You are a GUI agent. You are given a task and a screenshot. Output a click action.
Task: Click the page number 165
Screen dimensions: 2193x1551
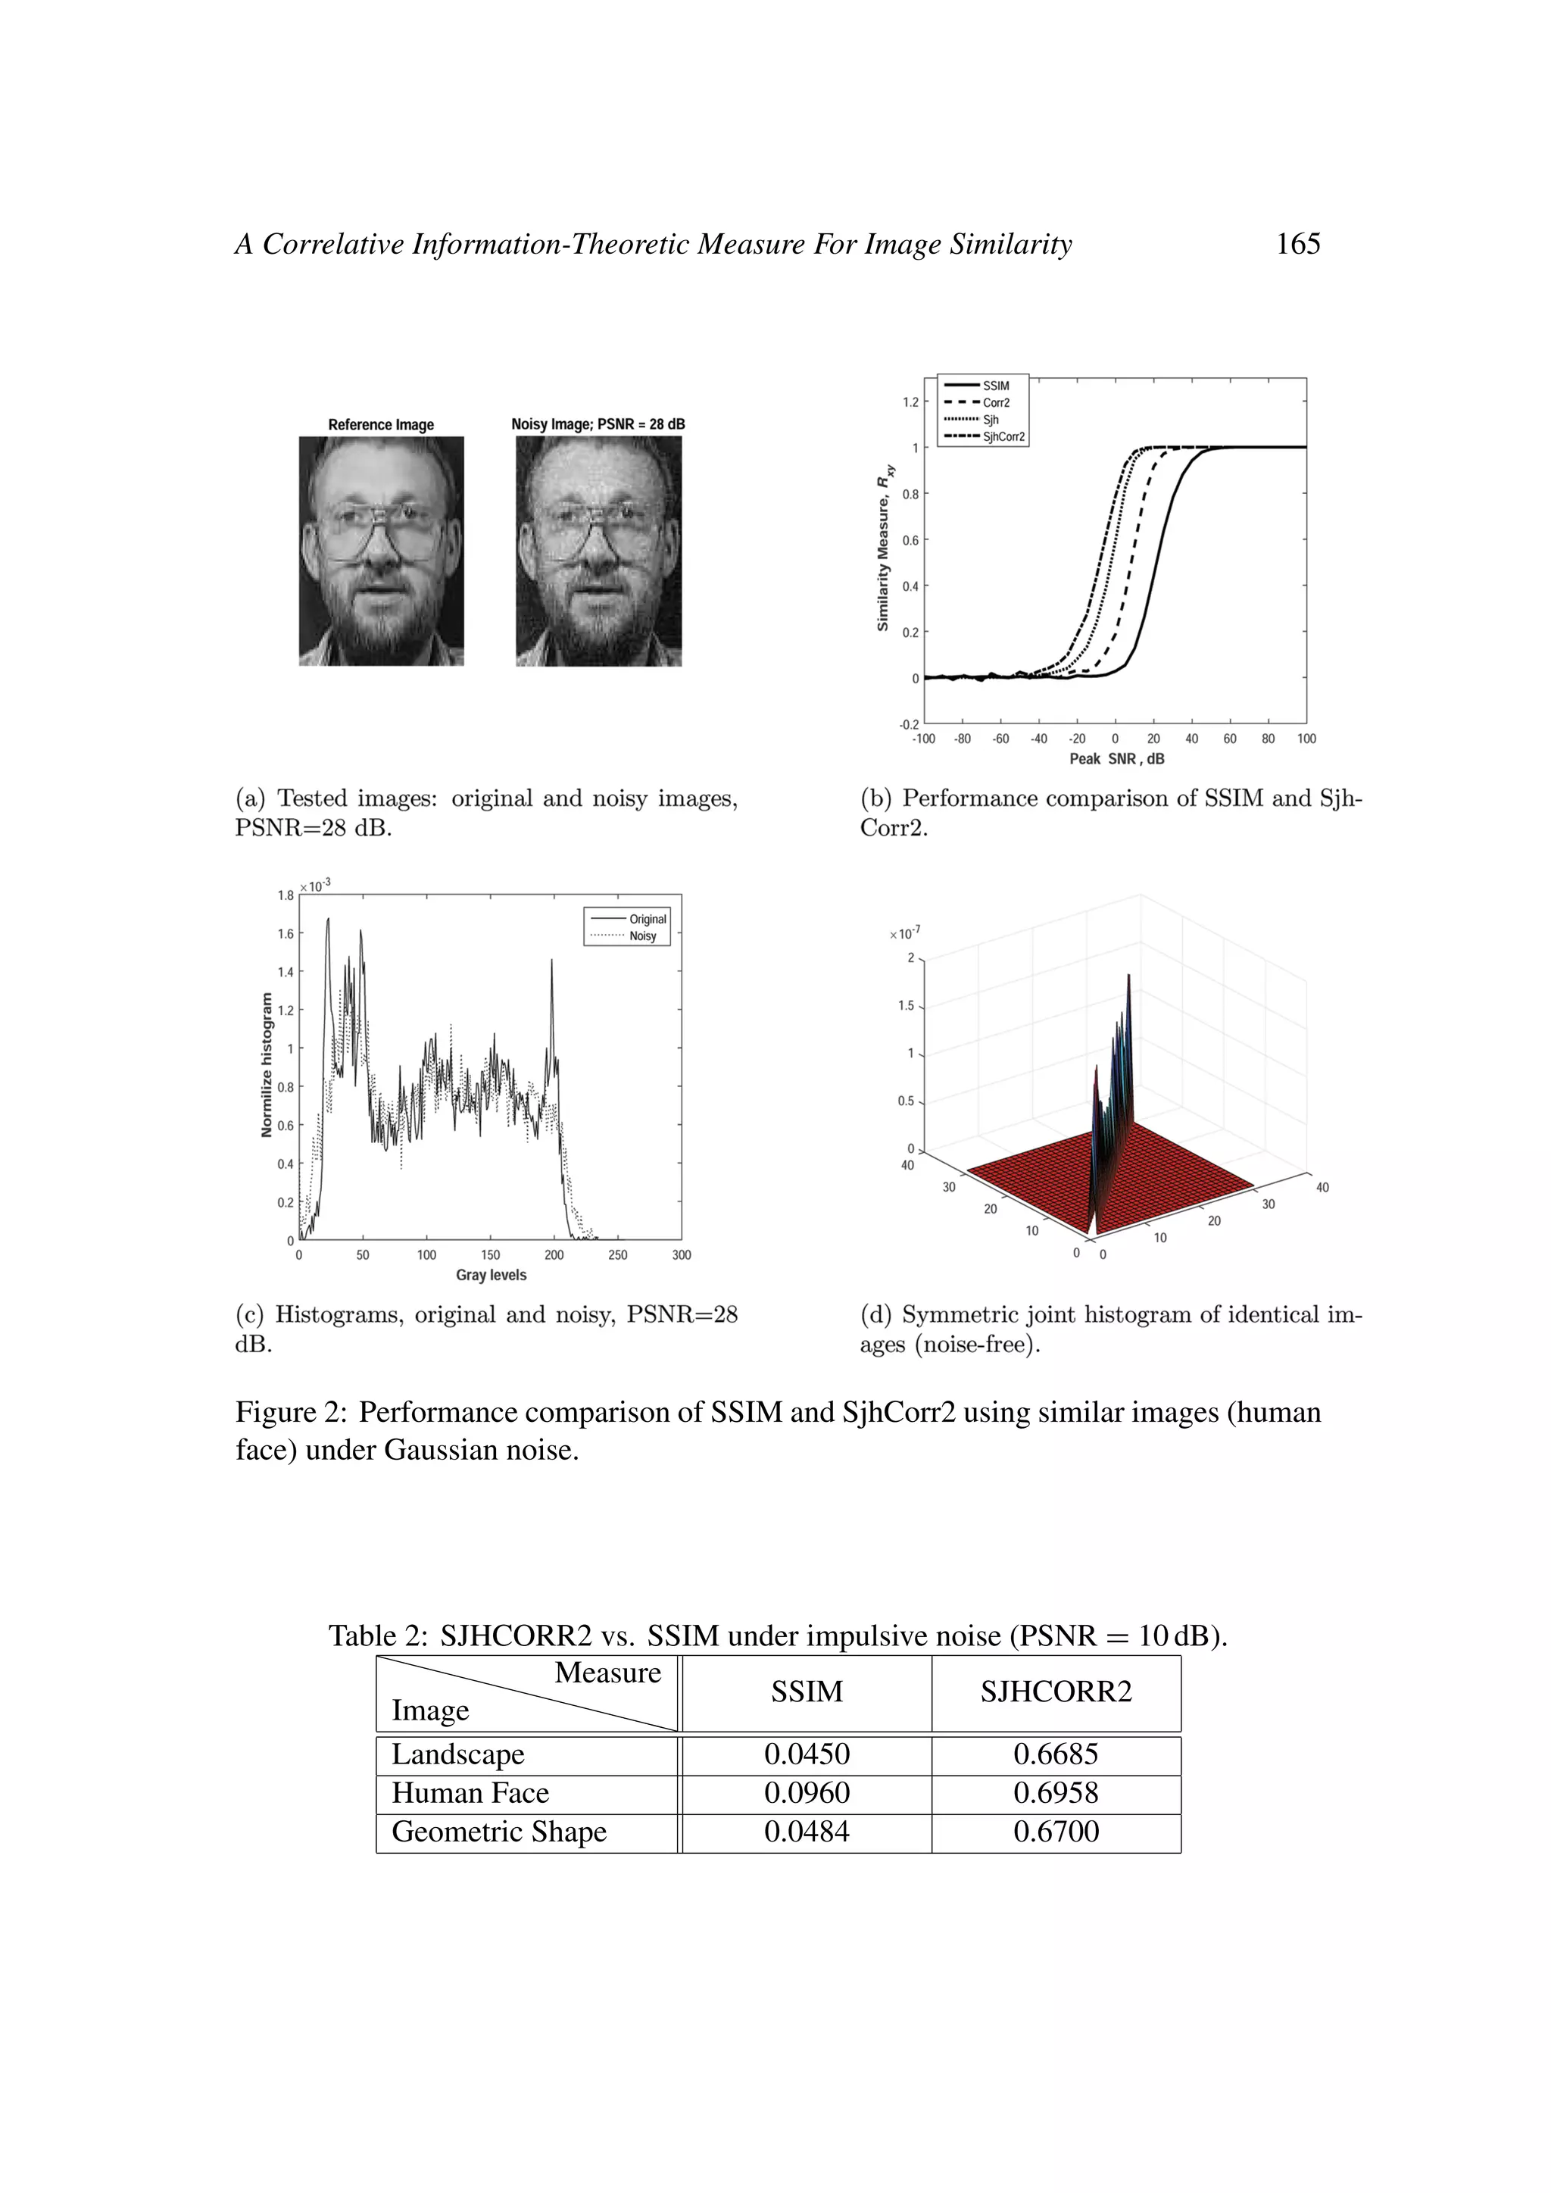1298,245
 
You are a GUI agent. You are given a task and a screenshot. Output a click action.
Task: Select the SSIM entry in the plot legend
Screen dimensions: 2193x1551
995,386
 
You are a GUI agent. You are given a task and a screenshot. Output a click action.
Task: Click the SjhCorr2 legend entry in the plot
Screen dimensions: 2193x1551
1003,436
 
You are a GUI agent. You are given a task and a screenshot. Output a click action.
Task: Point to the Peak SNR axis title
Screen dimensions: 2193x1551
1116,758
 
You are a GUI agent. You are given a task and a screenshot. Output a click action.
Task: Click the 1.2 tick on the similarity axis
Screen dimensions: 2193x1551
910,402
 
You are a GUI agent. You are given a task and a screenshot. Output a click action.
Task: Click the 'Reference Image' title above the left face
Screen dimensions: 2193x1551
381,424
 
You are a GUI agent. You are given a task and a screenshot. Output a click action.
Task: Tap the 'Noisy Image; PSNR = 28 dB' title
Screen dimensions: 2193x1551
598,424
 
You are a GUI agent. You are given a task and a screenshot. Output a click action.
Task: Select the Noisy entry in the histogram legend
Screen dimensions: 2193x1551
643,936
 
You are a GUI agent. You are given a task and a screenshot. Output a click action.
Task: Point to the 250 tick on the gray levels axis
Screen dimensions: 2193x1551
618,1255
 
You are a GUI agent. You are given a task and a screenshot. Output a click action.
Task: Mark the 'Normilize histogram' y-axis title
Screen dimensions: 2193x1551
267,1065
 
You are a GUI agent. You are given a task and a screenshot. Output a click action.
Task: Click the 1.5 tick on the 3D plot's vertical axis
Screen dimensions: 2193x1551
906,1006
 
